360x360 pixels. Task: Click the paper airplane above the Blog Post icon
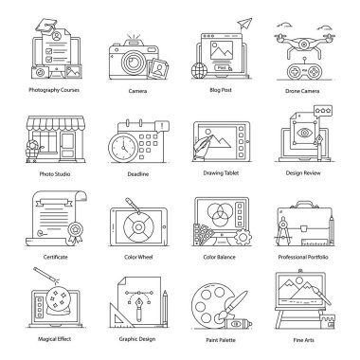(x=244, y=24)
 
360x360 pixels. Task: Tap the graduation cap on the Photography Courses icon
(x=46, y=26)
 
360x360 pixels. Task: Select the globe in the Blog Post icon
(x=199, y=70)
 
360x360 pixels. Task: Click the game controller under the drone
(x=303, y=72)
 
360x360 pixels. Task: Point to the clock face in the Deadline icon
(x=123, y=148)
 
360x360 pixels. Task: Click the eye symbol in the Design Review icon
(x=304, y=133)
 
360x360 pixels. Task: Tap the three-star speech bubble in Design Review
(x=323, y=111)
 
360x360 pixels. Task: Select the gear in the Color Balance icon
(x=243, y=237)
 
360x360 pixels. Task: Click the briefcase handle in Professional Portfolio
(x=305, y=205)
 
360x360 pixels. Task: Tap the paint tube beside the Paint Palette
(x=238, y=324)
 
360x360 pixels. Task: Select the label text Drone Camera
(x=302, y=91)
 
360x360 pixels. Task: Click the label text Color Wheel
(x=138, y=257)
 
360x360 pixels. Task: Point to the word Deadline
(x=138, y=174)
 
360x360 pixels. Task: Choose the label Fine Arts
(x=303, y=340)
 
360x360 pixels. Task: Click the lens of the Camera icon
(x=132, y=62)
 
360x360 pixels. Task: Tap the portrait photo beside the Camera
(x=158, y=69)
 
